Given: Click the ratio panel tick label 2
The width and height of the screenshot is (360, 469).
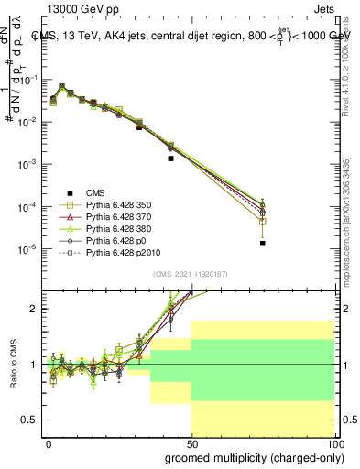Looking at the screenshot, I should pos(35,309).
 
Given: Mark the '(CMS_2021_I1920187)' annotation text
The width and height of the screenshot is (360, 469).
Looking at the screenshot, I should pos(191,273).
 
